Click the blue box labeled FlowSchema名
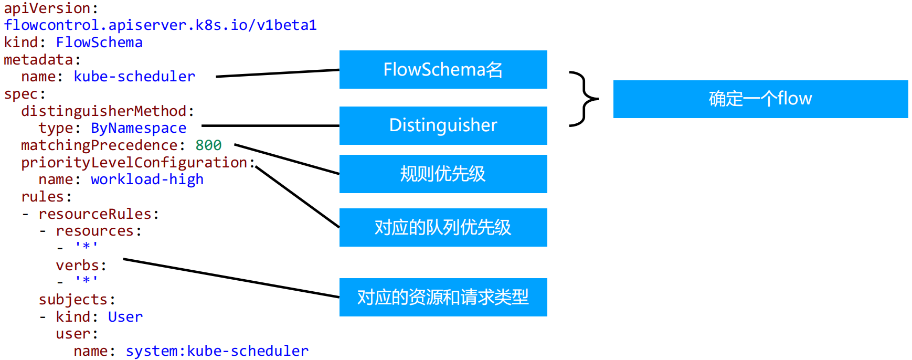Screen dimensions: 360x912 pyautogui.click(x=443, y=70)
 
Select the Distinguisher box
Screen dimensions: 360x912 pyautogui.click(x=443, y=125)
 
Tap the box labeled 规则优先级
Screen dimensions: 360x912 pyautogui.click(x=443, y=174)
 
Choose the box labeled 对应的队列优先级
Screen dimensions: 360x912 pyautogui.click(x=443, y=227)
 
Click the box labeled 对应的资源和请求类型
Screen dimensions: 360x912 pyautogui.click(x=443, y=297)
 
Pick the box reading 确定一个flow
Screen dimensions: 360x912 pyautogui.click(x=760, y=99)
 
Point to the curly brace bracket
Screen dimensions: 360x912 pyautogui.click(x=584, y=99)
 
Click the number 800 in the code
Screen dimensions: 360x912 pyautogui.click(x=208, y=145)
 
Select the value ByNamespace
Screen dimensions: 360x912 pyautogui.click(x=139, y=128)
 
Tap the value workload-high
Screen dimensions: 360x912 pyautogui.click(x=147, y=179)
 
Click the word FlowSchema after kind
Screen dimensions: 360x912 pyautogui.click(x=99, y=43)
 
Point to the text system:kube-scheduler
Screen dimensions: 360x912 pyautogui.click(x=217, y=351)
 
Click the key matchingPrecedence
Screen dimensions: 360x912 pyautogui.click(x=99, y=145)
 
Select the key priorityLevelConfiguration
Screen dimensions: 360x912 pyautogui.click(x=134, y=163)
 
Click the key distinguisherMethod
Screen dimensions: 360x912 pyautogui.click(x=103, y=111)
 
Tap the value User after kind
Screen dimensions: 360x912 pyautogui.click(x=125, y=317)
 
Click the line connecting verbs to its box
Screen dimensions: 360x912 pyautogui.click(x=231, y=278)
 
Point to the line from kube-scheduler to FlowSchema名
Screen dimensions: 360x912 pyautogui.click(x=277, y=73)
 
